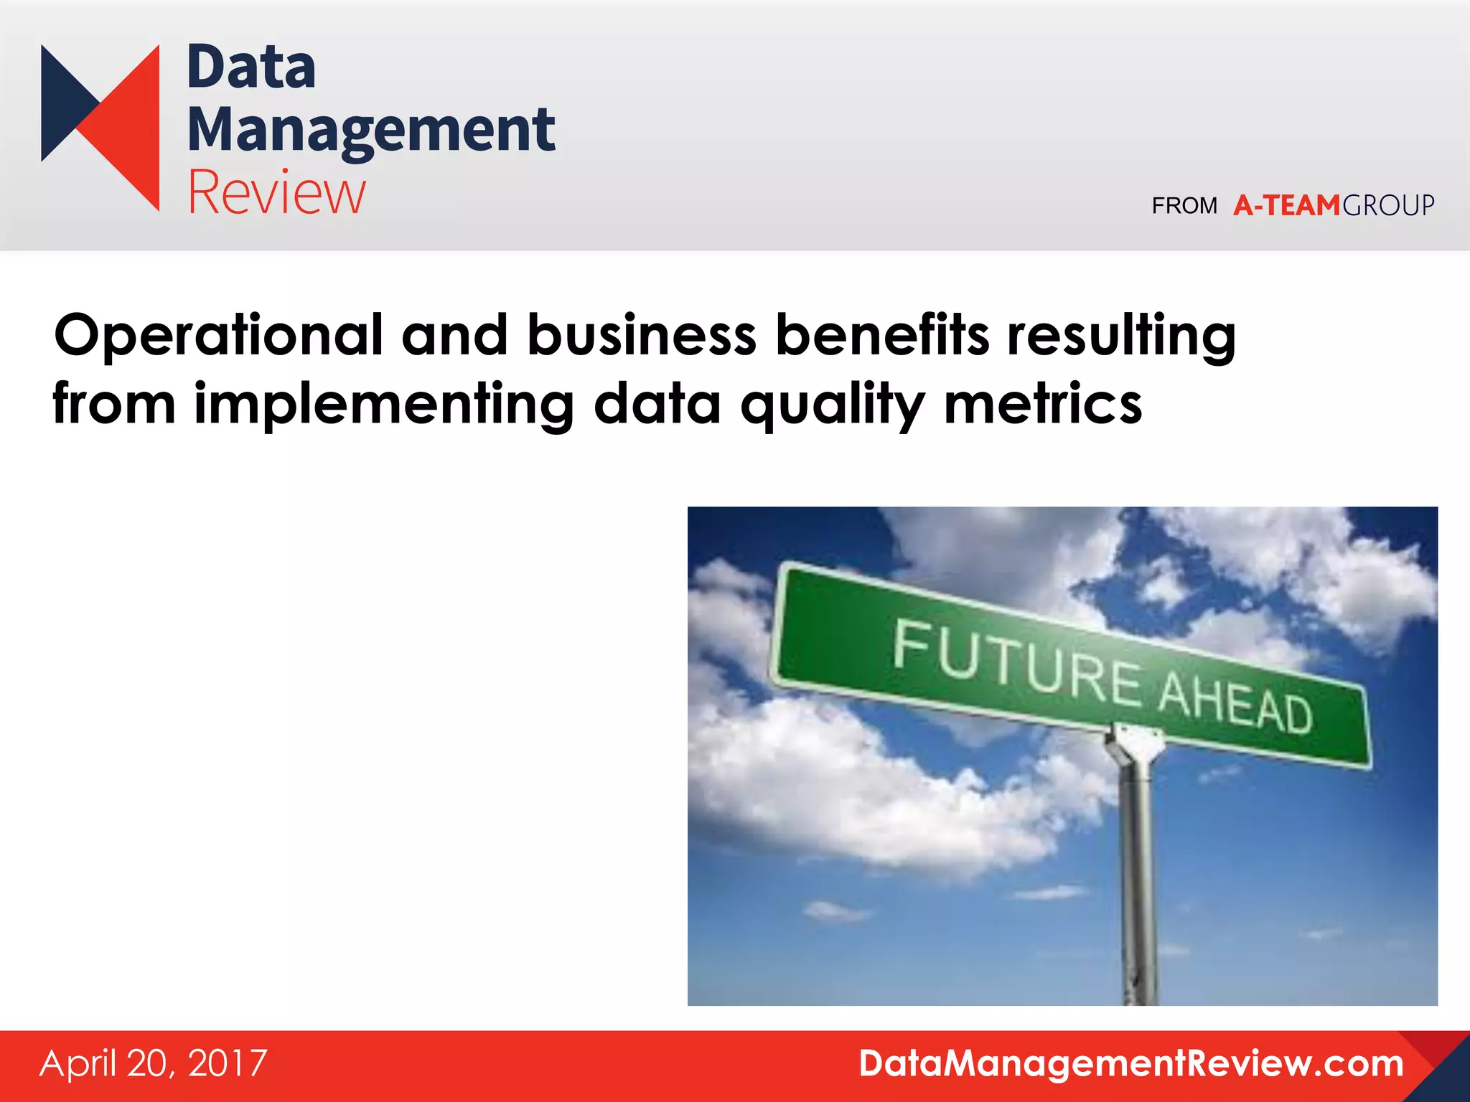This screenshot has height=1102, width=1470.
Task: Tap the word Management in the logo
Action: coord(371,131)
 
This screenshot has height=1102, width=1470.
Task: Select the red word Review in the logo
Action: coord(277,192)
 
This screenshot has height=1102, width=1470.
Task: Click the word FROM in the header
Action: coord(1184,206)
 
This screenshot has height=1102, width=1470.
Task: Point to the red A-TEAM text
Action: coord(1286,206)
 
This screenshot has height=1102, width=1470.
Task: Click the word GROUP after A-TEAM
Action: coord(1388,206)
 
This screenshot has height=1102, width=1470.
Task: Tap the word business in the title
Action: coord(642,336)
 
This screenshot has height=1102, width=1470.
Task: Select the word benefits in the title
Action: coord(882,336)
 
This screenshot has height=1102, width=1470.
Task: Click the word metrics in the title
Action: coord(1042,405)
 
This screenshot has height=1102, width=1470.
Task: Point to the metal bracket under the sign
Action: coord(1133,746)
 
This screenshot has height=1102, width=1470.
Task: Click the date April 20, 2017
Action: coord(154,1063)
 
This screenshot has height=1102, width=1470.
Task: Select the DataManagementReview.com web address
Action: coord(1131,1063)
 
